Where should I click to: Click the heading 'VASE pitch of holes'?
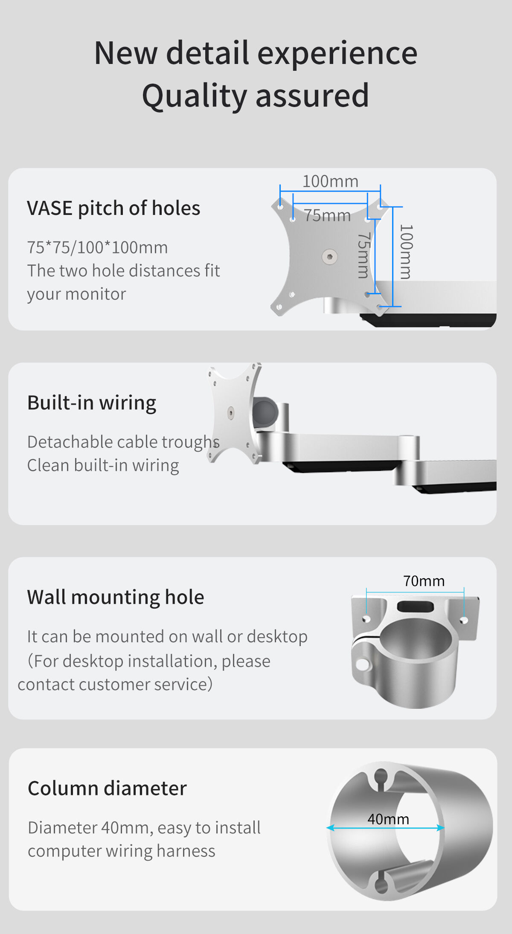click(x=113, y=208)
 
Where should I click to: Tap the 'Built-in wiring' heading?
click(x=92, y=403)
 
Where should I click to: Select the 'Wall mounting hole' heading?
click(x=116, y=597)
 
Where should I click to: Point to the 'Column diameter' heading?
click(x=107, y=788)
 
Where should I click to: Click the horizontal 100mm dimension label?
click(x=330, y=181)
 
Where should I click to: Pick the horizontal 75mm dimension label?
click(x=327, y=215)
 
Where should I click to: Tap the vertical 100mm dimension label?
click(x=406, y=252)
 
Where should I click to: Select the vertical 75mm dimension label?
click(x=363, y=255)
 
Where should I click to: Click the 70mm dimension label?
click(x=424, y=581)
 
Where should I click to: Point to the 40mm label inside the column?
click(x=388, y=819)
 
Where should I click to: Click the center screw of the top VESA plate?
click(x=329, y=256)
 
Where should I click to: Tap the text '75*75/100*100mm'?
click(x=97, y=247)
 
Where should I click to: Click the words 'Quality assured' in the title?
click(x=256, y=96)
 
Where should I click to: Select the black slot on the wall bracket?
click(x=416, y=606)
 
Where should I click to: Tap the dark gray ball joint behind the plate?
click(x=265, y=412)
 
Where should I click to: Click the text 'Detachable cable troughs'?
click(x=123, y=442)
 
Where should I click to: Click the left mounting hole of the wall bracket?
click(x=366, y=618)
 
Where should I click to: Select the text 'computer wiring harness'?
click(x=122, y=851)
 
